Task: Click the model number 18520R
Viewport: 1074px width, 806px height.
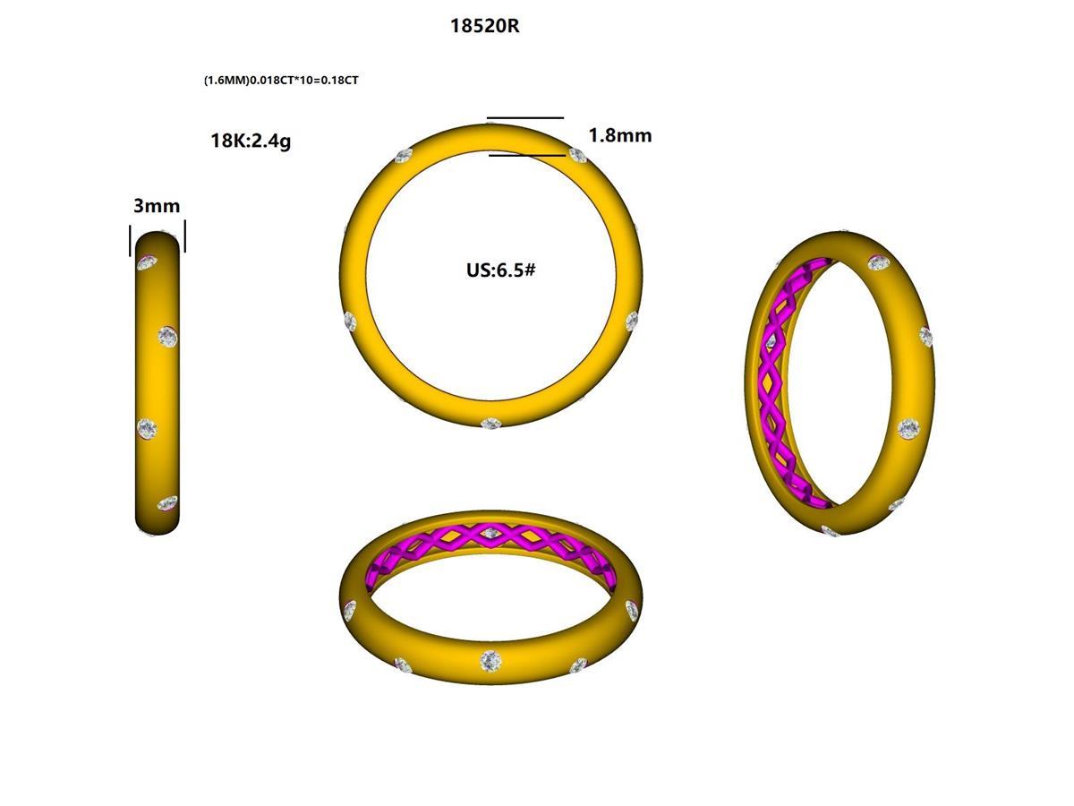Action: coord(484,26)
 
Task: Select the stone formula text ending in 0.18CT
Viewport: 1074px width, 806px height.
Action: coord(281,81)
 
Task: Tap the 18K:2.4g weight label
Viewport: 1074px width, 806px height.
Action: coord(251,141)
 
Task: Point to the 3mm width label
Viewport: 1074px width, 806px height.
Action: coord(157,206)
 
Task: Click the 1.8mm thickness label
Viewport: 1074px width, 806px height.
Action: coord(619,135)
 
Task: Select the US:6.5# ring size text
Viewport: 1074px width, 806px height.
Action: coord(500,270)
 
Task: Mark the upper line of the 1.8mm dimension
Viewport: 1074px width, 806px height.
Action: coord(525,117)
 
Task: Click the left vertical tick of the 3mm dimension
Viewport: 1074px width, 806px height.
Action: coord(131,239)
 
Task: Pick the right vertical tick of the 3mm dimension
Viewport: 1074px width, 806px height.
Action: coord(184,237)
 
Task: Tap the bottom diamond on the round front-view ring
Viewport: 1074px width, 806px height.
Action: coord(490,424)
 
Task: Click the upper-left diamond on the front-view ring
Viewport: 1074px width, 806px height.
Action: coord(403,157)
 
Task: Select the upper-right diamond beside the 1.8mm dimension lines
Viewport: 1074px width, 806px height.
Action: coord(578,156)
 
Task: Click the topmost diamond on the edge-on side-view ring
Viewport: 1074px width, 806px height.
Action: coord(147,262)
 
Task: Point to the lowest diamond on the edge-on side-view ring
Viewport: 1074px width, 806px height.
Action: coord(166,503)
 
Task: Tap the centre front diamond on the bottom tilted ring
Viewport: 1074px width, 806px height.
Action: coord(490,661)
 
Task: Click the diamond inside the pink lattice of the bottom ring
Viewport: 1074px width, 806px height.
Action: coord(489,534)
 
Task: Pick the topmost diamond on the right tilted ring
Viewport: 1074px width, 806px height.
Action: coord(879,262)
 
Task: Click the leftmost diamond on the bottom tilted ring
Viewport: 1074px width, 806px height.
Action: coord(349,611)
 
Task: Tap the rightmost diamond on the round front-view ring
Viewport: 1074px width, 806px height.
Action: coord(632,321)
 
